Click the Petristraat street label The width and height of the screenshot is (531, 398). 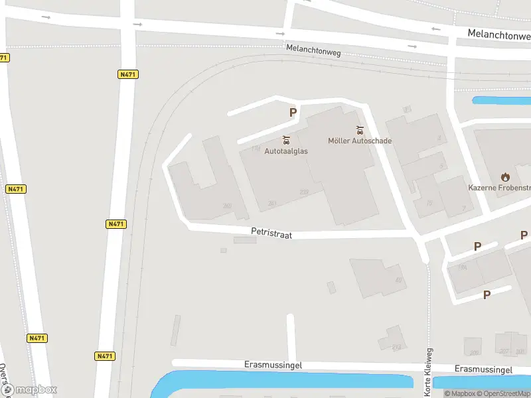271,233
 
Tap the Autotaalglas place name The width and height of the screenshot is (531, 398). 286,151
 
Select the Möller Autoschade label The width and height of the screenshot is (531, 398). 360,141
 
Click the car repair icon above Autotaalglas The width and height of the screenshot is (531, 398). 286,140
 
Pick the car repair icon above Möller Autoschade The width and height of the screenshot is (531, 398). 360,129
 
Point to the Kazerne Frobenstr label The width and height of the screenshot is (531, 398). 499,188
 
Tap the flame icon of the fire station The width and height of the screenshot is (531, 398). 505,176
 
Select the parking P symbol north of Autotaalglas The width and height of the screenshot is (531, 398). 293,113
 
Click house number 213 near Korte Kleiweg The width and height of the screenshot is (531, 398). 397,347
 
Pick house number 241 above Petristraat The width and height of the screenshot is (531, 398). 271,203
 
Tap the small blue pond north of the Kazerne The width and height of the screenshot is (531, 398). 501,101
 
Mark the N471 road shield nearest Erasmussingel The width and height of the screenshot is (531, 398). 104,356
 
